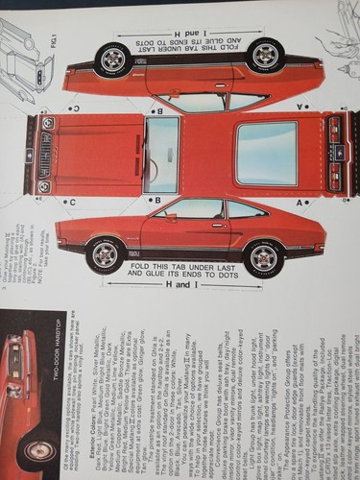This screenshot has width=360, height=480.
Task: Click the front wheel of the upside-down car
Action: click(x=114, y=60)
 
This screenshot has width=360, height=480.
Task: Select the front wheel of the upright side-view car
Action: click(x=106, y=254)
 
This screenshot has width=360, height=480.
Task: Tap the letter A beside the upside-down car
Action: click(x=300, y=106)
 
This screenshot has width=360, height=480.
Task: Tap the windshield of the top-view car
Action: click(x=160, y=155)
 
